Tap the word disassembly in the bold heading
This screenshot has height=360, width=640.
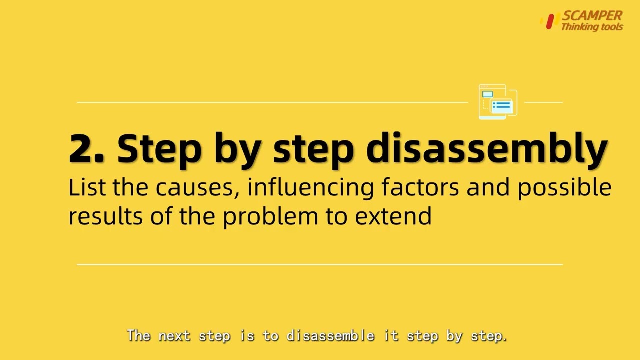[487, 150]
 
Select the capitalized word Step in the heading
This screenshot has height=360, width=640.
[159, 151]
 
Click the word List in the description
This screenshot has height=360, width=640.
[87, 187]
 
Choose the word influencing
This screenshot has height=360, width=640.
[310, 188]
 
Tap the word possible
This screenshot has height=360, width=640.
[564, 188]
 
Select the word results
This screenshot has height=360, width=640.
[106, 216]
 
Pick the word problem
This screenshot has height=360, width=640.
[270, 217]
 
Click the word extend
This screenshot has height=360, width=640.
[393, 216]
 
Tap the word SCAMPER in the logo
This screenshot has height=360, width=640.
[592, 15]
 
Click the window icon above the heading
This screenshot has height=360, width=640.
[498, 101]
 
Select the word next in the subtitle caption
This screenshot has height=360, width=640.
[175, 336]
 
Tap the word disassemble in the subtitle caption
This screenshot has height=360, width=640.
[330, 335]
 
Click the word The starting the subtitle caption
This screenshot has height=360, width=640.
[139, 335]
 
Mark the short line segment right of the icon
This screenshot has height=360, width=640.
[543, 102]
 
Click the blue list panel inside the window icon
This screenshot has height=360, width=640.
[501, 106]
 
